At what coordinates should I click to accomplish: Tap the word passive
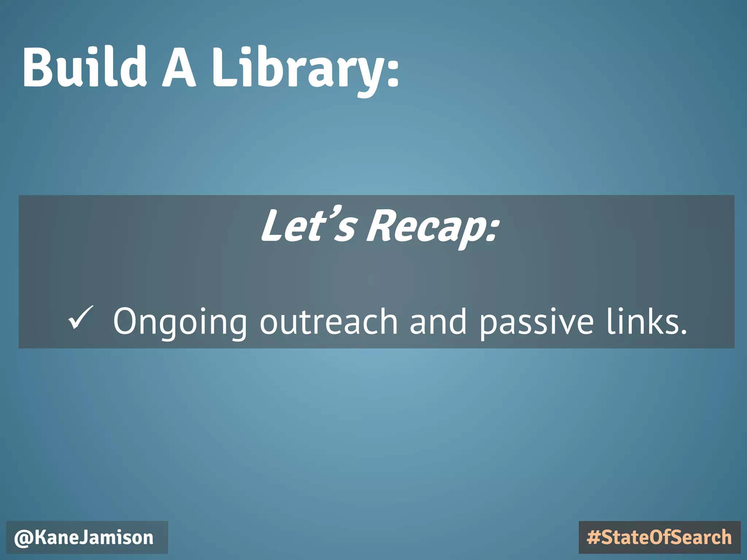coord(537,322)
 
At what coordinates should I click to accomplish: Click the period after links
coord(683,332)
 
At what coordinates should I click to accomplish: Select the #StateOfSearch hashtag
coord(659,538)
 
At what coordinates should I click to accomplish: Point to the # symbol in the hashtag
coord(593,538)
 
